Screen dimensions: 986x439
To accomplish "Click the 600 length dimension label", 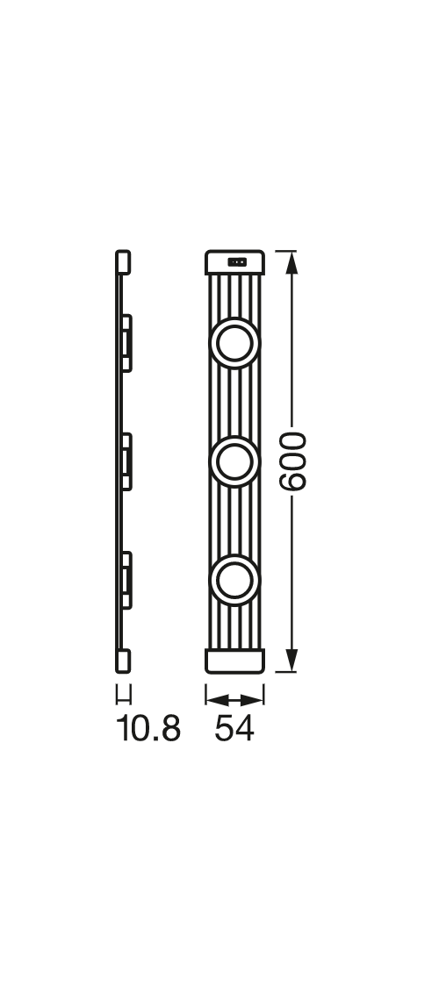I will point(292,461).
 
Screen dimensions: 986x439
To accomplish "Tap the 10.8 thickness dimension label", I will point(148,729).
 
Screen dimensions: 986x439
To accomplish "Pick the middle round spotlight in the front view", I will point(234,461).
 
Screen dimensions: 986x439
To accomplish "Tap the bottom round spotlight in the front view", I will point(234,580).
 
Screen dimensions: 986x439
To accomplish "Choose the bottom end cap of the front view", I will point(234,661).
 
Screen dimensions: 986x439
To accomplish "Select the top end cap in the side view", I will point(124,262).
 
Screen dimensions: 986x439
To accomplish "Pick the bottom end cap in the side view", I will point(124,661).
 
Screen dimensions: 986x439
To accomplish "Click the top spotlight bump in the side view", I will point(127,342).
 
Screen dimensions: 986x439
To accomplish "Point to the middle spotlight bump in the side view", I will point(127,461).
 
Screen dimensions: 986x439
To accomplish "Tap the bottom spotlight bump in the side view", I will point(127,580).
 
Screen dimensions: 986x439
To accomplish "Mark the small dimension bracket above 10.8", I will point(124,695).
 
